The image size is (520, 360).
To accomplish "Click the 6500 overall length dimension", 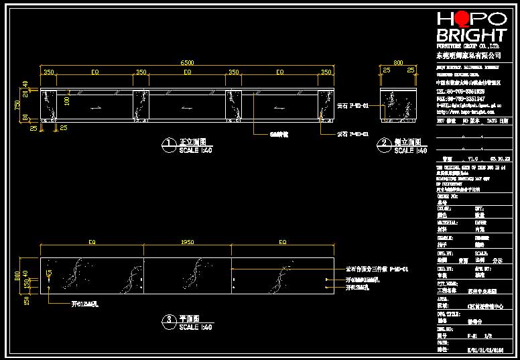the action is (187, 62).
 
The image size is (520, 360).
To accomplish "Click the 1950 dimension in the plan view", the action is (188, 241).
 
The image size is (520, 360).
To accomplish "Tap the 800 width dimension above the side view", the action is (399, 62).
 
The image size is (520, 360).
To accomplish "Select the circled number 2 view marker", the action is (384, 143).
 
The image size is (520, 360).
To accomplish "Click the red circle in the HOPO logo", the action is (458, 19).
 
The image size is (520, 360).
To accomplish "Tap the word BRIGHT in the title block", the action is (472, 36).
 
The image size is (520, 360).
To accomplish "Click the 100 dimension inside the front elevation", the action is (67, 101).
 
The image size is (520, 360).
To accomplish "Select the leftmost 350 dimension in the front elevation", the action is (49, 72).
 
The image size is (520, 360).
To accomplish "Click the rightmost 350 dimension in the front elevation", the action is (326, 72).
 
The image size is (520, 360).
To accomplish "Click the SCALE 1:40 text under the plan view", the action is (196, 327).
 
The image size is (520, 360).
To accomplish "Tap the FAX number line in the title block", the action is (462, 99).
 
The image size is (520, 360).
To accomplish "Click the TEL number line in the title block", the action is (462, 92).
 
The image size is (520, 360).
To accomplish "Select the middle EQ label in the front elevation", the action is (188, 72).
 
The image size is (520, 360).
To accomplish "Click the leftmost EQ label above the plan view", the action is (92, 241).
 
